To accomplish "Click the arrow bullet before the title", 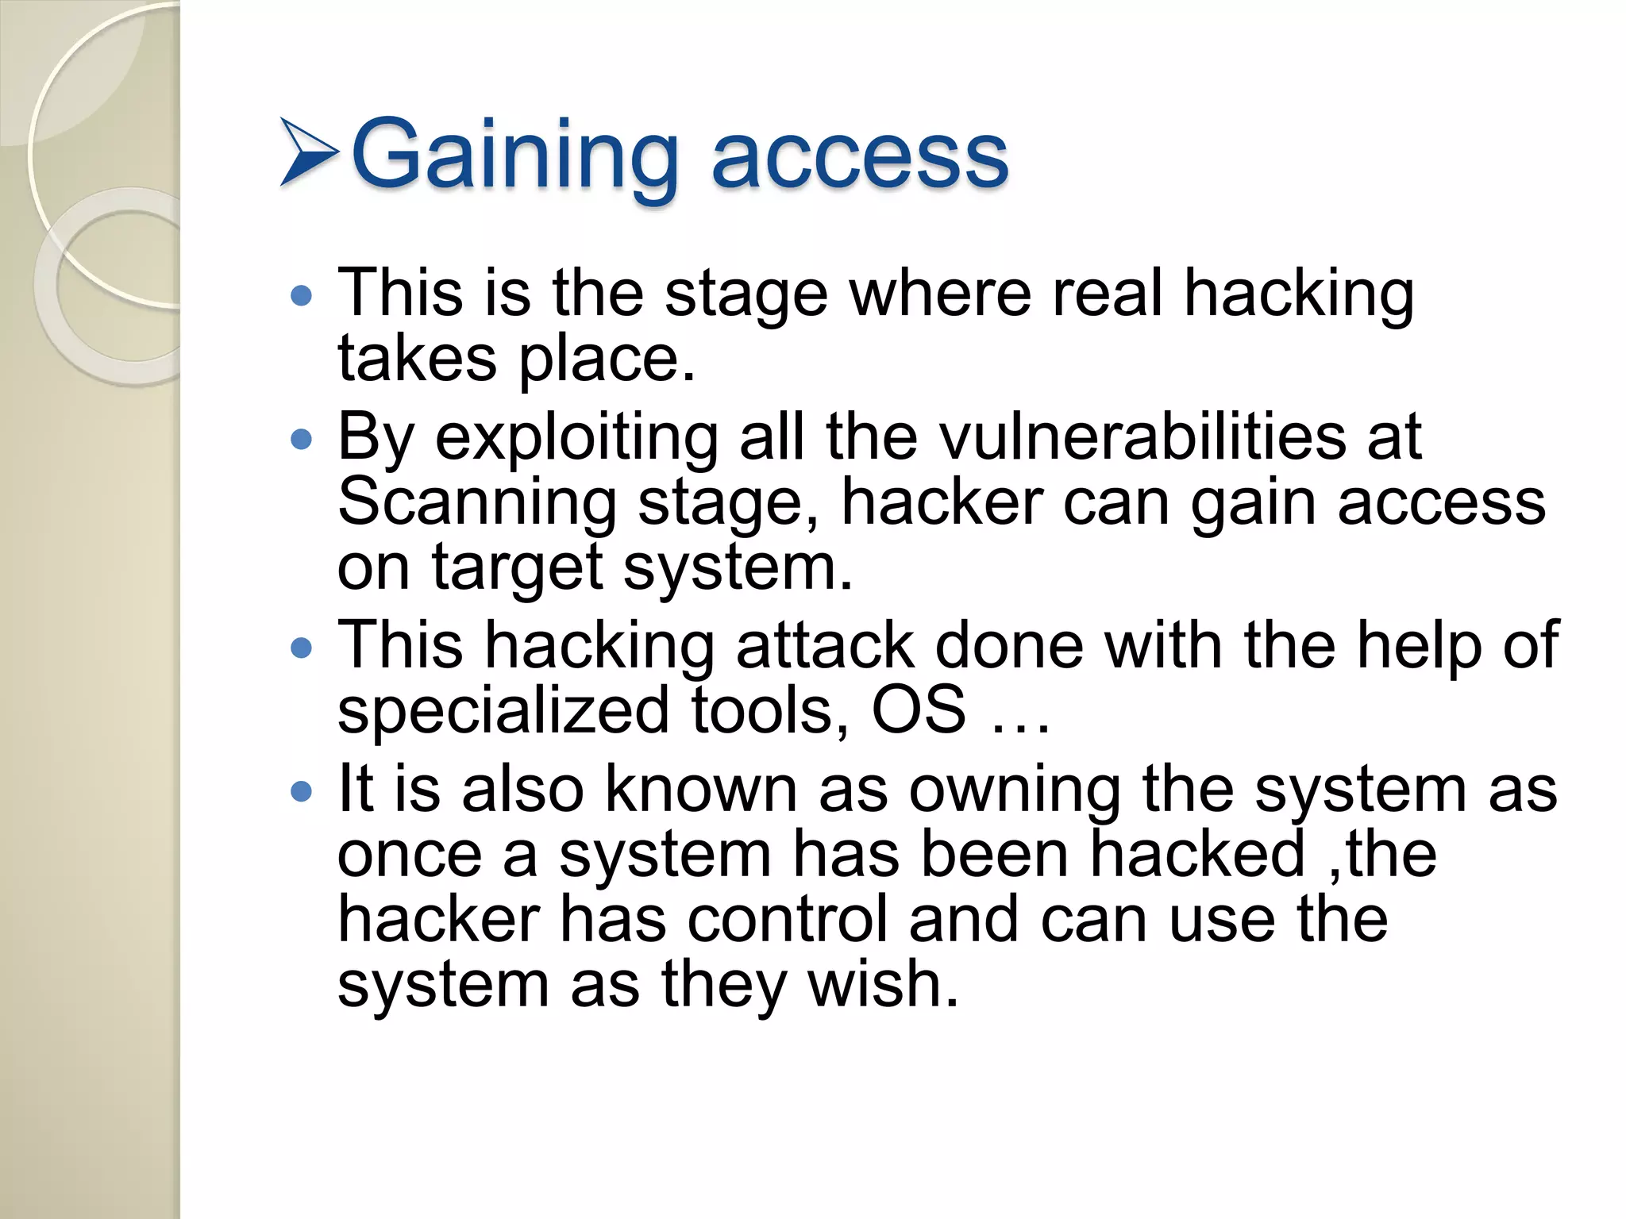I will pos(310,152).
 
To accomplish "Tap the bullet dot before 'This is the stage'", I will pos(302,297).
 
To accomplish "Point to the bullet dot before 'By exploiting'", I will pos(302,440).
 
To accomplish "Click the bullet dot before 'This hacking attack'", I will pos(302,649).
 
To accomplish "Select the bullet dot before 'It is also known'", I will pos(302,792).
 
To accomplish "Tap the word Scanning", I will pos(477,502).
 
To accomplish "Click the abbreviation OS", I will pos(919,709).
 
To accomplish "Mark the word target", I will pos(517,569).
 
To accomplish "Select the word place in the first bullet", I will pos(607,360).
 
